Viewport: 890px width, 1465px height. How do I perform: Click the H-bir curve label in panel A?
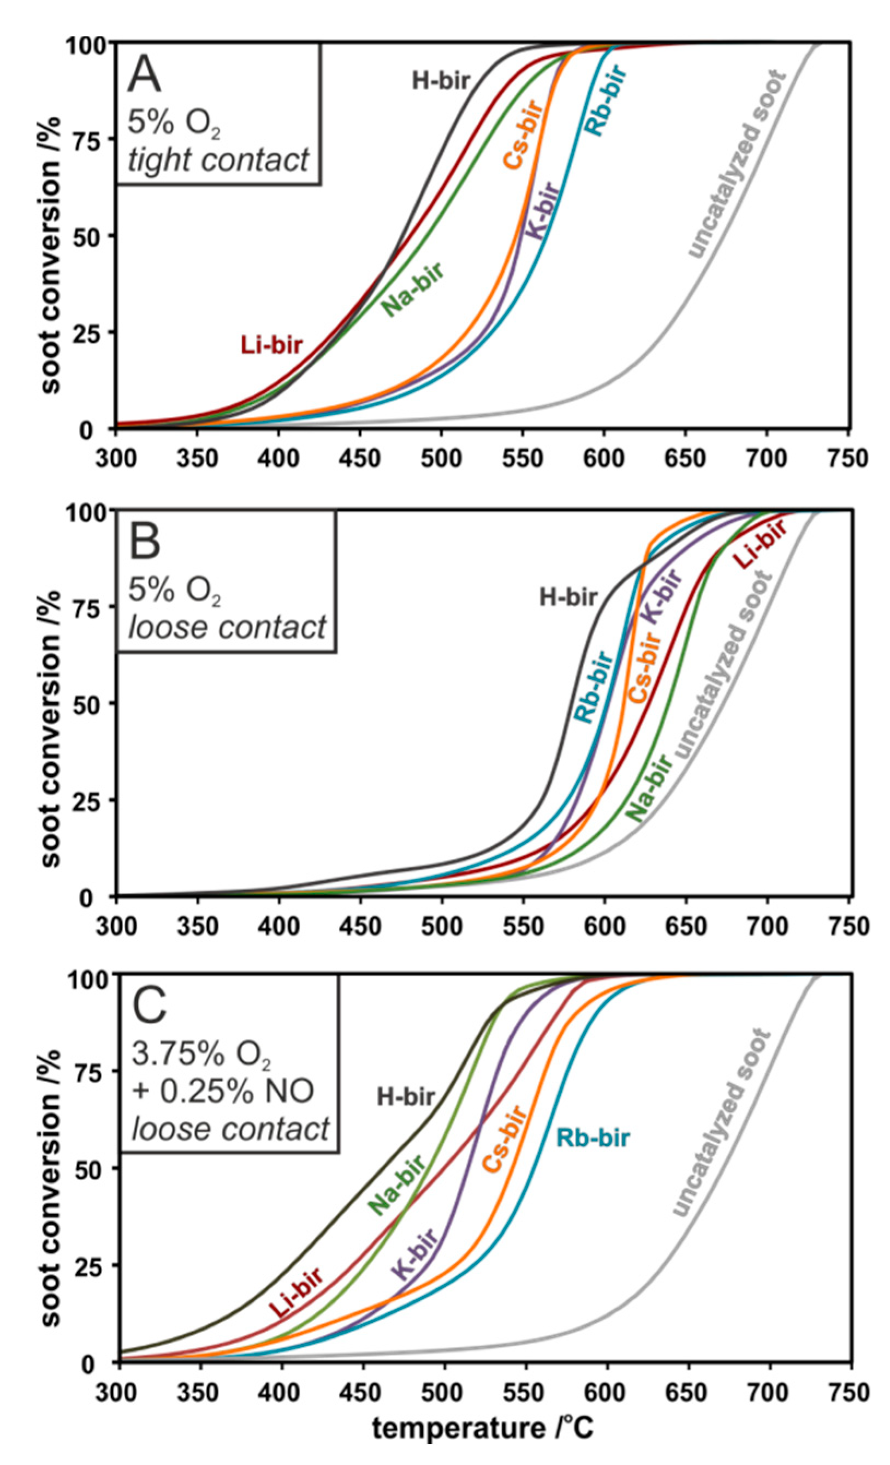tap(441, 81)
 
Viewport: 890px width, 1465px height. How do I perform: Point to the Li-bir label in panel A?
tap(271, 345)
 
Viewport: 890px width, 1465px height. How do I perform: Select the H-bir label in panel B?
tap(568, 597)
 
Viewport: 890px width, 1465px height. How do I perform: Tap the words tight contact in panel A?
tap(218, 159)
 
